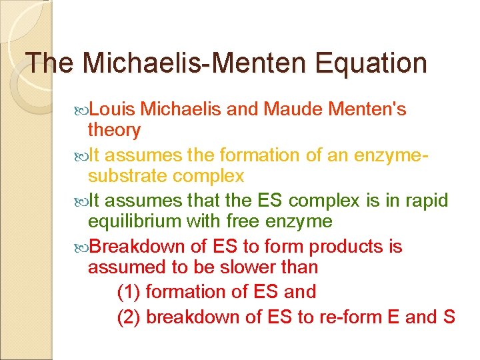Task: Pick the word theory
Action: pyautogui.click(x=114, y=131)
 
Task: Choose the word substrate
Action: pyautogui.click(x=127, y=176)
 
